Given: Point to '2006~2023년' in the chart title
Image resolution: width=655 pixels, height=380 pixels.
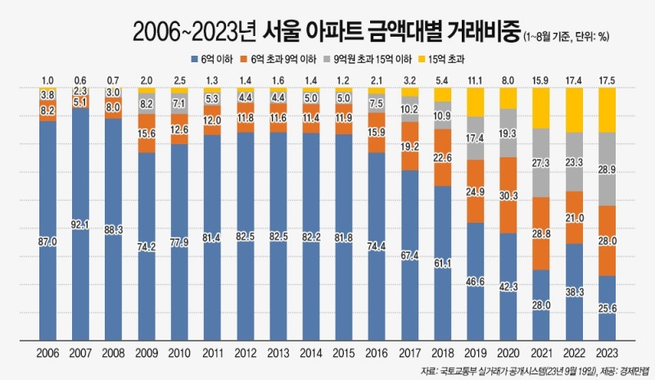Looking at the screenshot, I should pos(194,33).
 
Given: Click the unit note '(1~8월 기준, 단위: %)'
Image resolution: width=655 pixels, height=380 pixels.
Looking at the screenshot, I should pos(571,36).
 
